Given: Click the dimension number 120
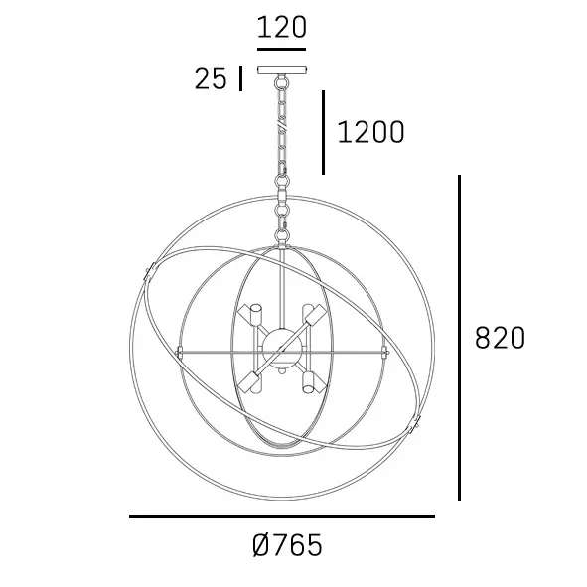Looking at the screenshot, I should coord(281,27).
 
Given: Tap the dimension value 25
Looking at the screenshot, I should coord(211,79).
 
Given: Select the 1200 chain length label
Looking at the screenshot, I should coord(370,132).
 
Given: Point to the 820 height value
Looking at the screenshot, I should coord(500,338).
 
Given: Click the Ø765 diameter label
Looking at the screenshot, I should coord(288,545).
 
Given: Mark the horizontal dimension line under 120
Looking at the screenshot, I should coord(281,48).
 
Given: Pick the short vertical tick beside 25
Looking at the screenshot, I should coord(240,78).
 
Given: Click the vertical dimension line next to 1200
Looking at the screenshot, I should coord(324,132).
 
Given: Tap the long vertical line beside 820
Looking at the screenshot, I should coord(460,338).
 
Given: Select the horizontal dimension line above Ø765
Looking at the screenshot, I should coord(281,516).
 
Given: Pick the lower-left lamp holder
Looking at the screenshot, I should coord(252,380).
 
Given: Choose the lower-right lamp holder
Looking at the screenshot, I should coord(312,380).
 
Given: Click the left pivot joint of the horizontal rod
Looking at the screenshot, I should coord(180,351).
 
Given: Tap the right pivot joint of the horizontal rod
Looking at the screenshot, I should coord(384,351).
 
